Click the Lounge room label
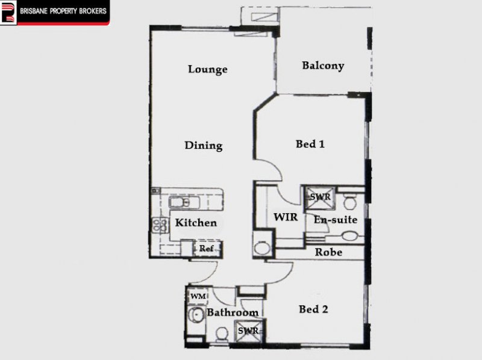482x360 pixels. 208,69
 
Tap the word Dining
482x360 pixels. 204,146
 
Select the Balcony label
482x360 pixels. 323,66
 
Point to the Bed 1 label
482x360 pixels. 310,144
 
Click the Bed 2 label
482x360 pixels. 313,309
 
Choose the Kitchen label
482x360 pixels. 196,223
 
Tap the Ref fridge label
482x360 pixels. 206,248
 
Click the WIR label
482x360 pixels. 286,217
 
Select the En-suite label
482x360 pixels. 336,220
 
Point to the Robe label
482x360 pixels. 328,252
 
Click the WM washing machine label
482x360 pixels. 198,297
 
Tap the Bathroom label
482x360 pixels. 233,312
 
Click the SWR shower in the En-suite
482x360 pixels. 320,197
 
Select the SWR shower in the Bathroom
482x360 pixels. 248,331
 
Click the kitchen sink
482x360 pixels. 184,203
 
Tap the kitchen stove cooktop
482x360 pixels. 160,225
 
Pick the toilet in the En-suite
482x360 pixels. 349,201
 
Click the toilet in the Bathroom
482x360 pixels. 222,334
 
